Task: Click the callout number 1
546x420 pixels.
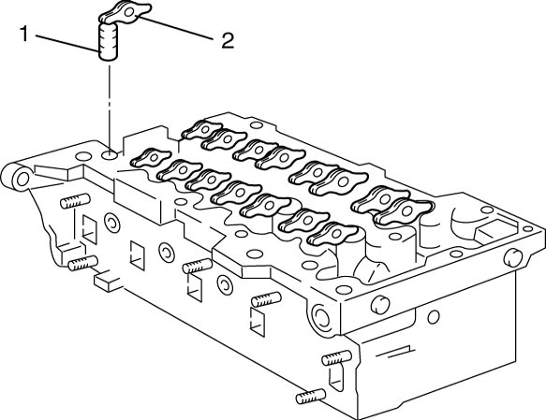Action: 23,34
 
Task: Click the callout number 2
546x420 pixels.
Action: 228,40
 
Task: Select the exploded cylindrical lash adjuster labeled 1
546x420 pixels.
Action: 108,41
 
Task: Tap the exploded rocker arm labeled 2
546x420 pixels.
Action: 125,13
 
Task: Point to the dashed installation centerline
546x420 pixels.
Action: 110,107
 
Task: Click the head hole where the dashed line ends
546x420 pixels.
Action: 111,154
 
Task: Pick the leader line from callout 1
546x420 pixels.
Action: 66,44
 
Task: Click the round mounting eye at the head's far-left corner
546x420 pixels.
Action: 22,179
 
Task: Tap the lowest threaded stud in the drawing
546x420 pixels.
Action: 311,396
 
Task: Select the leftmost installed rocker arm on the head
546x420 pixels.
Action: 151,157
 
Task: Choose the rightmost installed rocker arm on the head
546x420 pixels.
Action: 404,211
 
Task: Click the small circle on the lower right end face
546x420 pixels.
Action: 434,317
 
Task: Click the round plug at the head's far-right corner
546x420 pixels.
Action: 513,257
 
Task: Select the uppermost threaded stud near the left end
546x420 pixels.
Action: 75,201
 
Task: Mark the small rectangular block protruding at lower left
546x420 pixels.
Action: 108,282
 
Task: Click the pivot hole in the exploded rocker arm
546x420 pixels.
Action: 129,12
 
